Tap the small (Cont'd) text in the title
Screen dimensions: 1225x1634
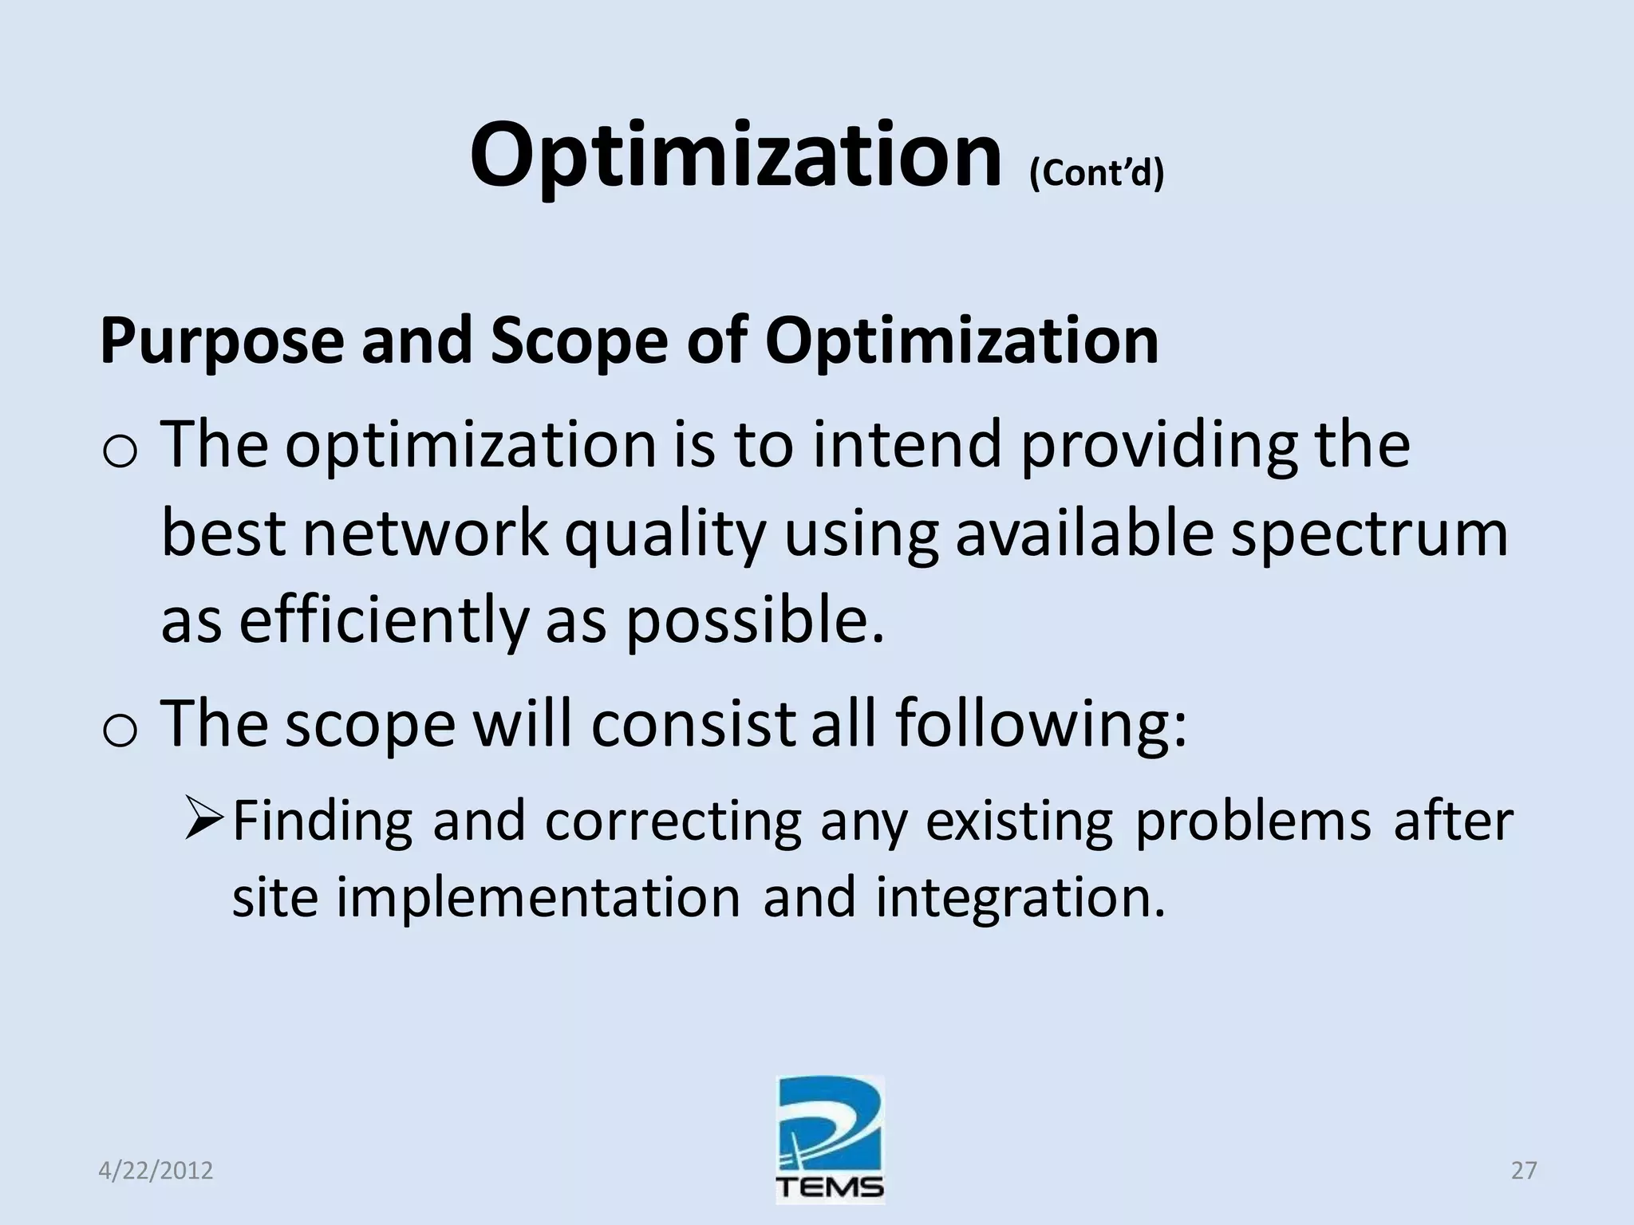(1096, 172)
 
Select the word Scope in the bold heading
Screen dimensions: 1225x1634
(578, 341)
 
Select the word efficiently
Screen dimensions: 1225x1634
(384, 620)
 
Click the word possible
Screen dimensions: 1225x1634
(755, 620)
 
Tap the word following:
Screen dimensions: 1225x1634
(1040, 724)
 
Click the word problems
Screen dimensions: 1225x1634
(1253, 821)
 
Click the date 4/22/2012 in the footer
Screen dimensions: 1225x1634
(156, 1171)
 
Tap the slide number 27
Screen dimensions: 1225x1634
(1523, 1171)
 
